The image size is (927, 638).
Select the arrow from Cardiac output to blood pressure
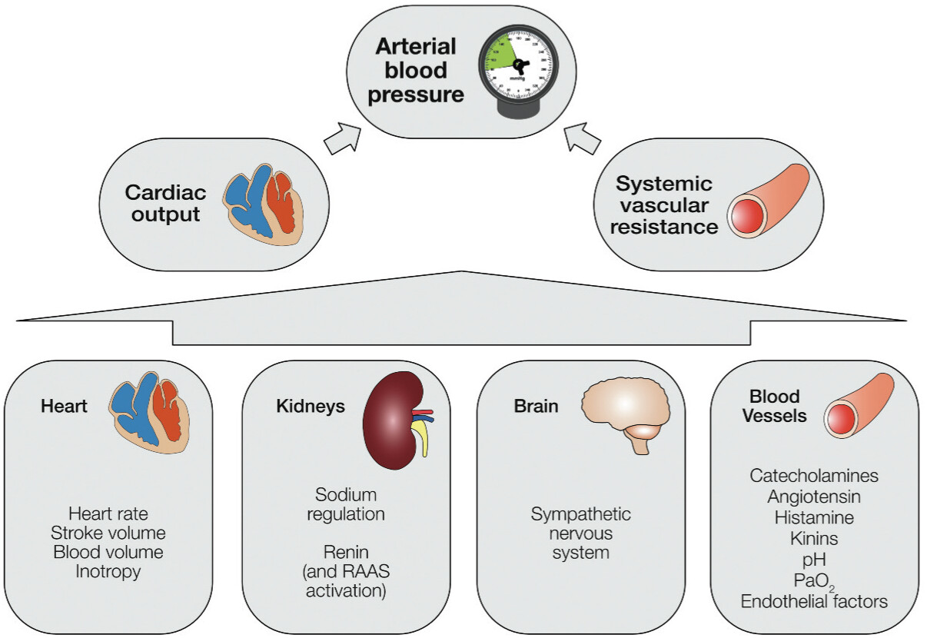(342, 139)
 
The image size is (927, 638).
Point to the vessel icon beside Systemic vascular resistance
(769, 202)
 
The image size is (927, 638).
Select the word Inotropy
(108, 571)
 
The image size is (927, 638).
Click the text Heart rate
(108, 513)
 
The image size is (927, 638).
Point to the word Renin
(346, 553)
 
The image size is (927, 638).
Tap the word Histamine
(813, 517)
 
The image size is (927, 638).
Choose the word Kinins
(813, 538)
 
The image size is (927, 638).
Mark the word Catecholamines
(813, 476)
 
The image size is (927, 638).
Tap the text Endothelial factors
(813, 601)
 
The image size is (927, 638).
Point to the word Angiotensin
(813, 497)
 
